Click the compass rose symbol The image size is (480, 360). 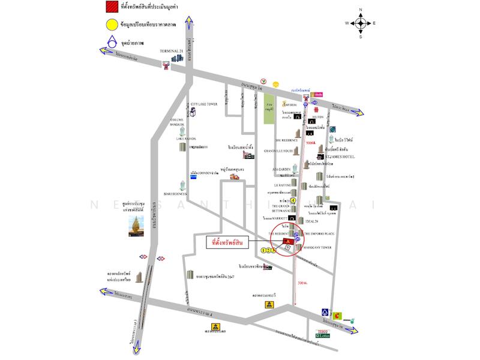360,23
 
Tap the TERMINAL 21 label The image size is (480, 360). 173,51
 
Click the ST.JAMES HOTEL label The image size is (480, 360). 340,157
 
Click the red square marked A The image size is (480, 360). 287,241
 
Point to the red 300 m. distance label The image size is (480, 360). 303,281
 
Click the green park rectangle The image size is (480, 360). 269,109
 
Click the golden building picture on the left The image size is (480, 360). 136,225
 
